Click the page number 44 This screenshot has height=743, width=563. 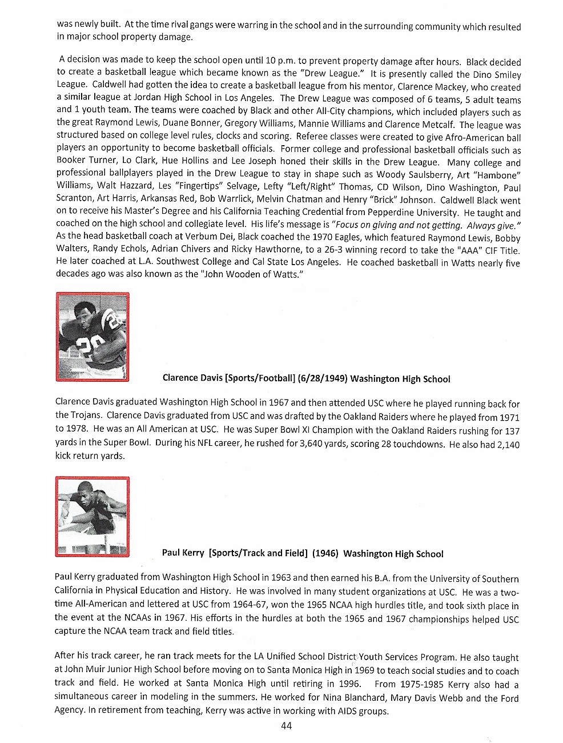click(x=287, y=725)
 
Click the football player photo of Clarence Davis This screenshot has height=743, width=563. click(x=93, y=337)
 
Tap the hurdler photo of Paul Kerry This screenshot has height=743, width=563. click(x=93, y=517)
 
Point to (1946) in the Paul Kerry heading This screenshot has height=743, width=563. click(x=325, y=553)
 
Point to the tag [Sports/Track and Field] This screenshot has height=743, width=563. click(x=258, y=553)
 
